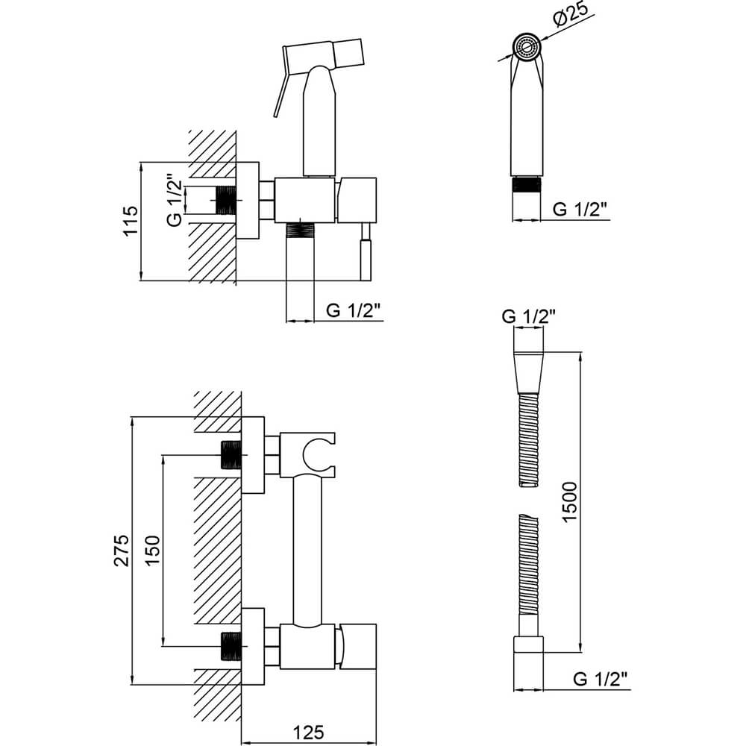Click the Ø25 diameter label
(x=571, y=16)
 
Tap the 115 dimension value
(x=130, y=220)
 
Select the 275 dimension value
(x=122, y=550)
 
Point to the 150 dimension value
(x=153, y=550)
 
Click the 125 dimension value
(x=308, y=733)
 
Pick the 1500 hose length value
(x=569, y=502)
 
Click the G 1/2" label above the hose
(x=529, y=316)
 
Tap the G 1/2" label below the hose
(x=601, y=678)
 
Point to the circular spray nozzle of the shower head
(x=527, y=46)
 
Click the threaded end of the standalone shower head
(x=526, y=184)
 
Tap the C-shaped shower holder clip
(x=307, y=455)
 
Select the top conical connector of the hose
(x=528, y=373)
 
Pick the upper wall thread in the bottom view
(x=232, y=455)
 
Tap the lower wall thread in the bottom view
(x=232, y=646)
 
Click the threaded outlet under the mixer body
(x=300, y=231)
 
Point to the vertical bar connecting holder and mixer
(x=307, y=551)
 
